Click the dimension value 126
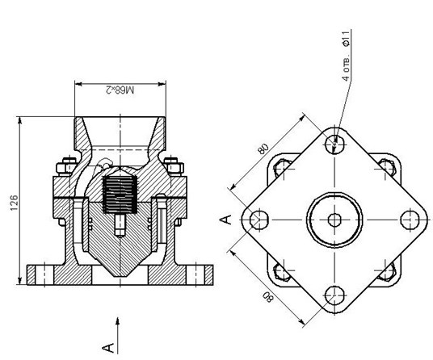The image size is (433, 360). pos(14,203)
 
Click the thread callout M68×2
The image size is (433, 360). pos(120,90)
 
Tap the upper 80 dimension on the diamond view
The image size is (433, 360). pos(263,149)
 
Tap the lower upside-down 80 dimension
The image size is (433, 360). pos(268,297)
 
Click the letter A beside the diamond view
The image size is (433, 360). pos(225,220)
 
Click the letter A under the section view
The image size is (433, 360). pos(108,348)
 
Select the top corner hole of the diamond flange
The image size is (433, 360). pos(334,144)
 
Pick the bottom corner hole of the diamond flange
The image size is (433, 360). pos(334,295)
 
